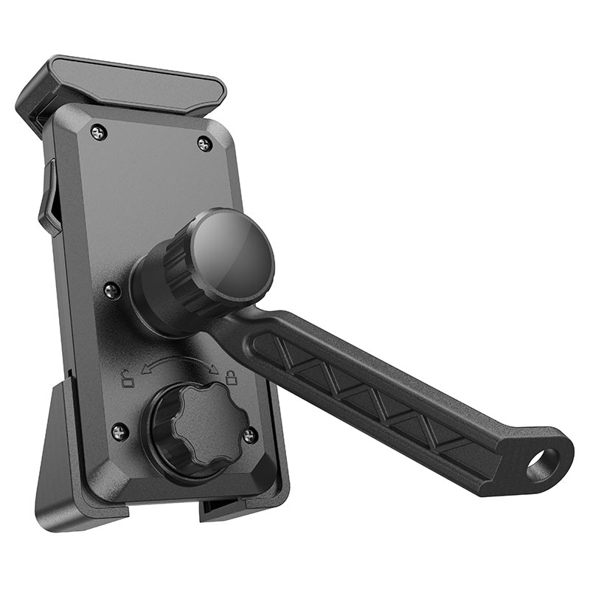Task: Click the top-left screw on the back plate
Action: click(99, 133)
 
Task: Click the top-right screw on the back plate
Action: click(205, 144)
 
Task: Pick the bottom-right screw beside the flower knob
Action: click(250, 436)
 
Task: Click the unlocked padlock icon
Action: click(128, 380)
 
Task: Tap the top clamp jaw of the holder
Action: click(122, 85)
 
